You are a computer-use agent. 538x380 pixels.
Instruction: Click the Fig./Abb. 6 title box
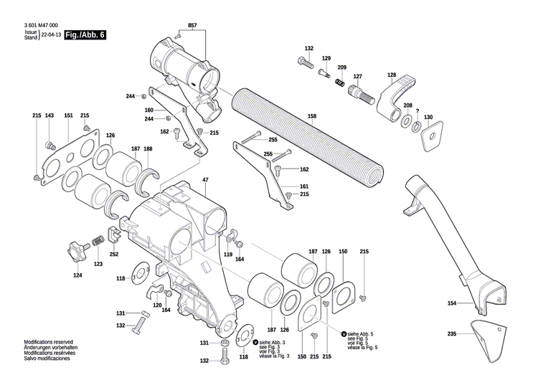[x=85, y=35]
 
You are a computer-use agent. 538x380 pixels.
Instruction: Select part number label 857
[x=192, y=26]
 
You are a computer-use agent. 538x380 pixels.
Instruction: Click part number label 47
[x=205, y=179]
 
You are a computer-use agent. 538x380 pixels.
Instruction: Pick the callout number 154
[x=452, y=303]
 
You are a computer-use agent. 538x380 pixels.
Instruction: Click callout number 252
[x=113, y=254]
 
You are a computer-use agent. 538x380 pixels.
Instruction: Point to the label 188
[x=148, y=149]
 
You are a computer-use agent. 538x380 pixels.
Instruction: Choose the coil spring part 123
[x=98, y=242]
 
